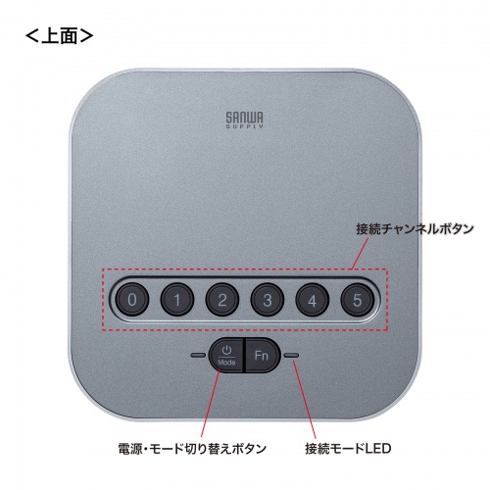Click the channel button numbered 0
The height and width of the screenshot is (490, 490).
(130, 298)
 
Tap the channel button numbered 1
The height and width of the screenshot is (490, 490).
(176, 298)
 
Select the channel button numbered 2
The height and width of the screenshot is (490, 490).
(222, 298)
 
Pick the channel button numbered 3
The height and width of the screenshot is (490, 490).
(268, 298)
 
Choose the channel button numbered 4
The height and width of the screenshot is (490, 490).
(314, 298)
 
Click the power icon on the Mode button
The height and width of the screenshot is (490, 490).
(226, 349)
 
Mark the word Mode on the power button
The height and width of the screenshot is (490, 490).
(226, 363)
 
